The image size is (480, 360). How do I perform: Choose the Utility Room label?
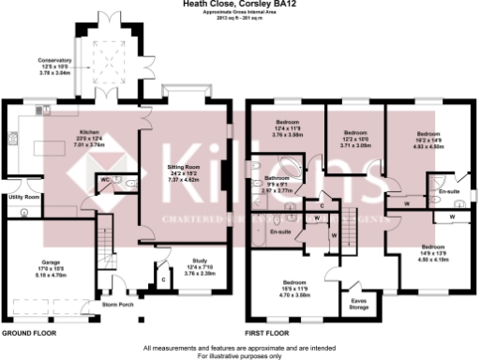(24, 198)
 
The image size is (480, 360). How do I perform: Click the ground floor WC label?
(105, 178)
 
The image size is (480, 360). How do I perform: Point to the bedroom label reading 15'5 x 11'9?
(296, 290)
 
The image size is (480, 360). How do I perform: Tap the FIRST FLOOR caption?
(271, 333)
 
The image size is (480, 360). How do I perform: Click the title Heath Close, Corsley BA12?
(240, 4)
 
